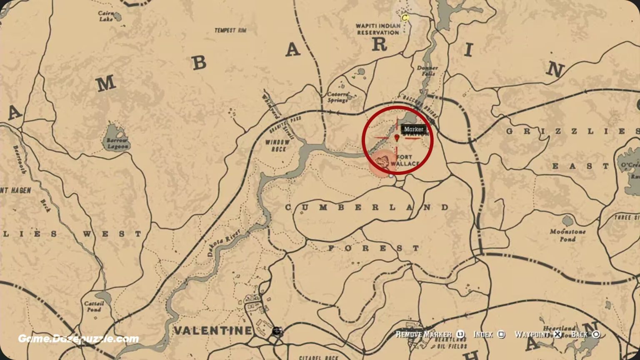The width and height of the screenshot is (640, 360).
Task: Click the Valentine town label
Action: [x=212, y=331]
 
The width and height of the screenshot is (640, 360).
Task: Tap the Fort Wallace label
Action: [x=404, y=160]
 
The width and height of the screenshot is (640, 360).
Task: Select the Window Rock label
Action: [x=277, y=145]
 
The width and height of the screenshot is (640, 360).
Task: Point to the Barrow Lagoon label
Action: [x=118, y=143]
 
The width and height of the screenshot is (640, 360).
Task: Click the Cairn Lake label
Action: [x=106, y=16]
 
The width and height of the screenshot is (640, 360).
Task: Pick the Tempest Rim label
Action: [x=230, y=30]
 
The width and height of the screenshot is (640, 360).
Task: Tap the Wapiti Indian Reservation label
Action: [x=378, y=29]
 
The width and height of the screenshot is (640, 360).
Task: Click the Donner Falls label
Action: [x=427, y=70]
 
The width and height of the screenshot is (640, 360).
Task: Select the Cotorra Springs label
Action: [x=338, y=97]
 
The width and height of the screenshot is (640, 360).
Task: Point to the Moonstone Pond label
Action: [x=567, y=235]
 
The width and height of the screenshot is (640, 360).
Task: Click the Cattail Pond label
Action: [x=94, y=306]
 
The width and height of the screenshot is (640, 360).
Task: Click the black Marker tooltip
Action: [x=413, y=129]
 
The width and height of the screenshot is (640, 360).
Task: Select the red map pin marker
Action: [x=396, y=137]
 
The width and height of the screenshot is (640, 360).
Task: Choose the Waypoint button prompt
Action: [x=537, y=335]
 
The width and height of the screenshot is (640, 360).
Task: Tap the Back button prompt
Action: [x=585, y=335]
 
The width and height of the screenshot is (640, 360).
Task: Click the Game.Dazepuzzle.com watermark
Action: [x=78, y=339]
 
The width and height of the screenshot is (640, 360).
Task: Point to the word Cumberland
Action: [x=367, y=207]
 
